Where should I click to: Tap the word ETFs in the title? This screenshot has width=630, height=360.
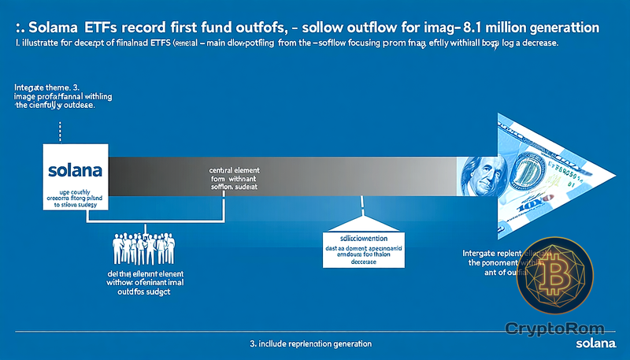112,27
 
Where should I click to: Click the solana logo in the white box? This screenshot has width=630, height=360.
71,169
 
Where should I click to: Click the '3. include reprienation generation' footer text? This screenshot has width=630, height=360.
306,345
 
